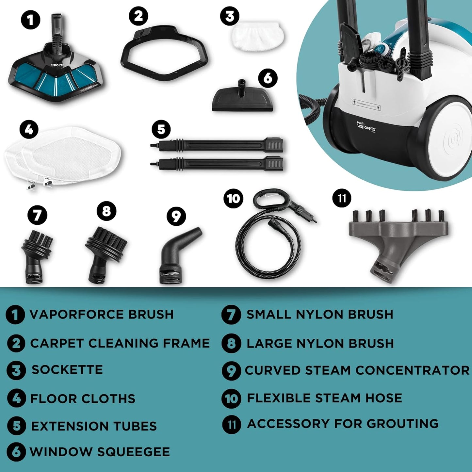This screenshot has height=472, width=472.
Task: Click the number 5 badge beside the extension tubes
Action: pyautogui.click(x=161, y=129)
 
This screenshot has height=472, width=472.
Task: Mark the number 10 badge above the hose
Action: pyautogui.click(x=233, y=198)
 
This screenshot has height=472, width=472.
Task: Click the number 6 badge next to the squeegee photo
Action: pyautogui.click(x=268, y=78)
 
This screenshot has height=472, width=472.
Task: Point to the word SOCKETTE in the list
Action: pyautogui.click(x=67, y=370)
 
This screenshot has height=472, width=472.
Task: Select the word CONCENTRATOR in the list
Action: pyautogui.click(x=412, y=370)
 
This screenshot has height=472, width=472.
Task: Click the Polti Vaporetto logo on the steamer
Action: pyautogui.click(x=366, y=126)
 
